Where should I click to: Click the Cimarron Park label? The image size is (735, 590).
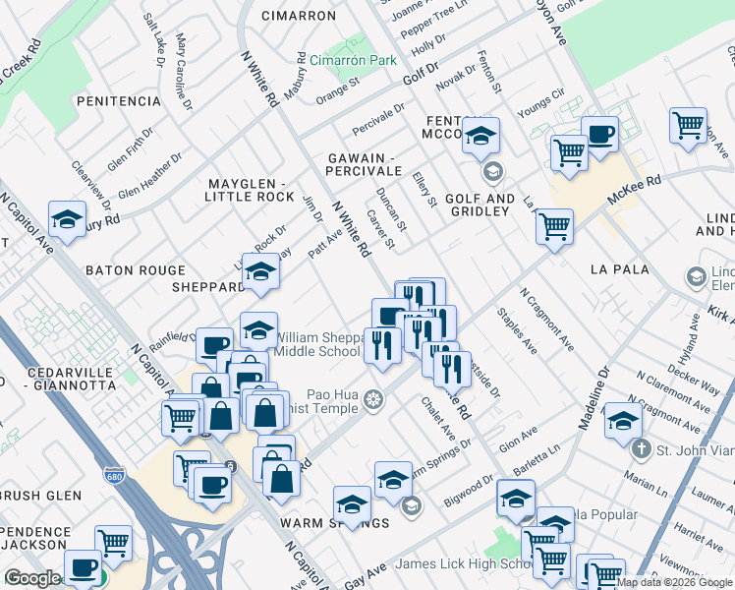(x=353, y=60)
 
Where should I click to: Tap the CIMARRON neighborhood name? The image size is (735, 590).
(x=300, y=16)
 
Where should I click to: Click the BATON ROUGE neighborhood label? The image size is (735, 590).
(x=135, y=269)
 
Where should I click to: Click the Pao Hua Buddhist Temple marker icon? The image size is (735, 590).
(x=372, y=399)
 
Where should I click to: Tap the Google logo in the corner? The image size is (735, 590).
(x=31, y=578)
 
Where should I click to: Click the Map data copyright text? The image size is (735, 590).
(x=674, y=582)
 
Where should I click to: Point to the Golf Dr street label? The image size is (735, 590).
(x=420, y=73)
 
